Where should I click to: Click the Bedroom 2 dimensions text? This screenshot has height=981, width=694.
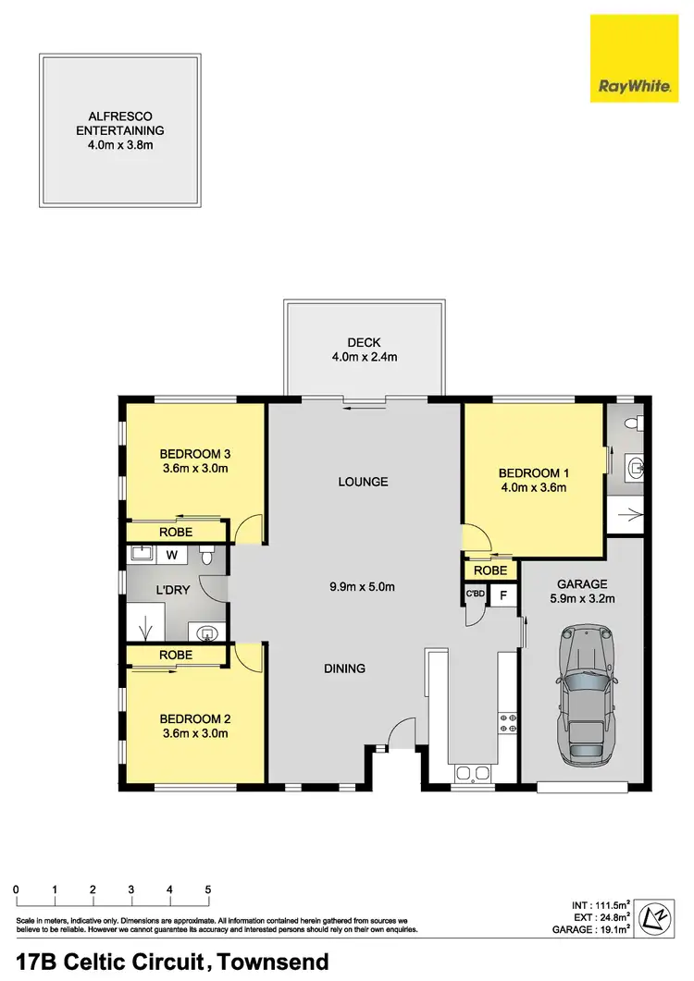coord(193,733)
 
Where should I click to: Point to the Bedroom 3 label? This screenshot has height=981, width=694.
coord(193,453)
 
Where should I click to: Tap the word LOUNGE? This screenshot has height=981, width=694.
coord(363,482)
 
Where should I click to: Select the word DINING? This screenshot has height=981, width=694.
coord(344,668)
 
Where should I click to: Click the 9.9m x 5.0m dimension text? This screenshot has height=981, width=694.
coord(364,586)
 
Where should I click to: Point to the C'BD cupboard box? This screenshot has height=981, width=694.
coord(476,594)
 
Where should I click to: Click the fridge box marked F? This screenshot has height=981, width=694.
coord(503,594)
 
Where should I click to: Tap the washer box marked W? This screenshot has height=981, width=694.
coord(172,555)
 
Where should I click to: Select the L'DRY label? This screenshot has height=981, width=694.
coord(172,589)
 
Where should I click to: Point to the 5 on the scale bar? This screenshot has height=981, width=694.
coord(207,889)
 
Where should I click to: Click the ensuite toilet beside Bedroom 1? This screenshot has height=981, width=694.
coord(632,425)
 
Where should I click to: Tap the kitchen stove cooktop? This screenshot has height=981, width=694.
coord(507,721)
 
